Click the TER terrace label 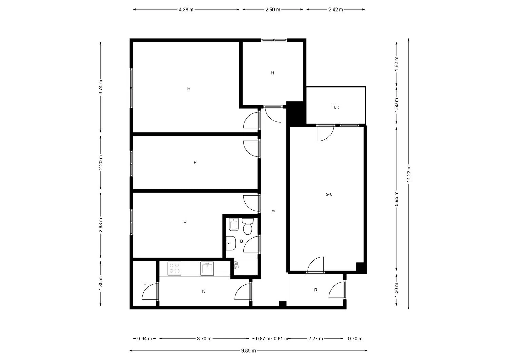click(335, 107)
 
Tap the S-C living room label click(328, 194)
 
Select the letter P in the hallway click(273, 212)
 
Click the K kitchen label click(204, 291)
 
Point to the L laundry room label click(145, 283)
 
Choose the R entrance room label click(316, 290)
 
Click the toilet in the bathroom click(247, 228)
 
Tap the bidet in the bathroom click(234, 225)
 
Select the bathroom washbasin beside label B click(230, 243)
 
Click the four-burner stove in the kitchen click(174, 268)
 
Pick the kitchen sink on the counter click(207, 268)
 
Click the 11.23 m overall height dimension click(409, 174)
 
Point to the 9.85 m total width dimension click(248, 350)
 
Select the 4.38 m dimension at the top click(186, 10)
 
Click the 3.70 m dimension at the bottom click(204, 338)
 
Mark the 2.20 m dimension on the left click(100, 163)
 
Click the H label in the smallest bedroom click(272, 73)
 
